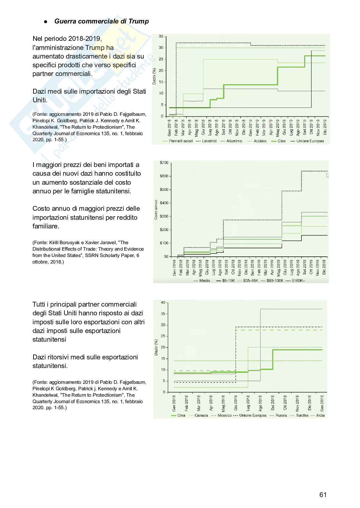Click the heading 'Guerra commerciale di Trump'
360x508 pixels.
[101, 22]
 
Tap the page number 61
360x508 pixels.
[323, 495]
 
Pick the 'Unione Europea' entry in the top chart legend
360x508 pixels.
[310, 141]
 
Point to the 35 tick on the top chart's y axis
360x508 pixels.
[161, 36]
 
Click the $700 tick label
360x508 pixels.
[164, 163]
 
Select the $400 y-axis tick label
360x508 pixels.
[164, 203]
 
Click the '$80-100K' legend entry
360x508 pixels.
[274, 281]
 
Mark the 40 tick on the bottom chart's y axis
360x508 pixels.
[163, 302]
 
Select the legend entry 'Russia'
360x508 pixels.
[281, 415]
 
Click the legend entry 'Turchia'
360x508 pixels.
[302, 415]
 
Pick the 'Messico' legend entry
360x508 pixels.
[224, 415]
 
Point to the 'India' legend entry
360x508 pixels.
[320, 415]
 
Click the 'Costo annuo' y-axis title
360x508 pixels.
[156, 210]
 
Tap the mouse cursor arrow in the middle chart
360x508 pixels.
[328, 175]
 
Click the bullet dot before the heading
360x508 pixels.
[46, 22]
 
